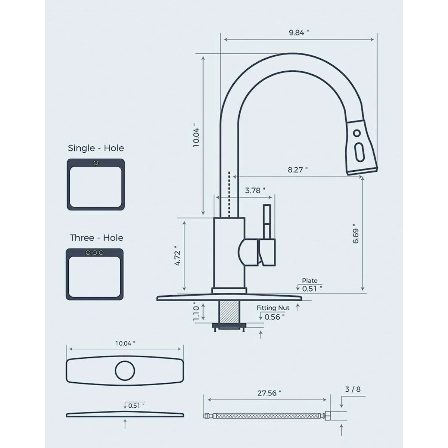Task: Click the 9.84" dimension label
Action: tap(299, 32)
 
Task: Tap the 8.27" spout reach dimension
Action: tap(298, 170)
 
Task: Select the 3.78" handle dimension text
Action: tap(255, 190)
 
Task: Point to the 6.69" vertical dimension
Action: tap(356, 233)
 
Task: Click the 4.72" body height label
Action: tap(177, 256)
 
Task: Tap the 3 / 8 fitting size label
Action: tap(353, 389)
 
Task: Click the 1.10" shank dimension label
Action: tap(196, 311)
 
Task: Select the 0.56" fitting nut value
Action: tap(274, 317)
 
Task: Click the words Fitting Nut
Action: tap(273, 308)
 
